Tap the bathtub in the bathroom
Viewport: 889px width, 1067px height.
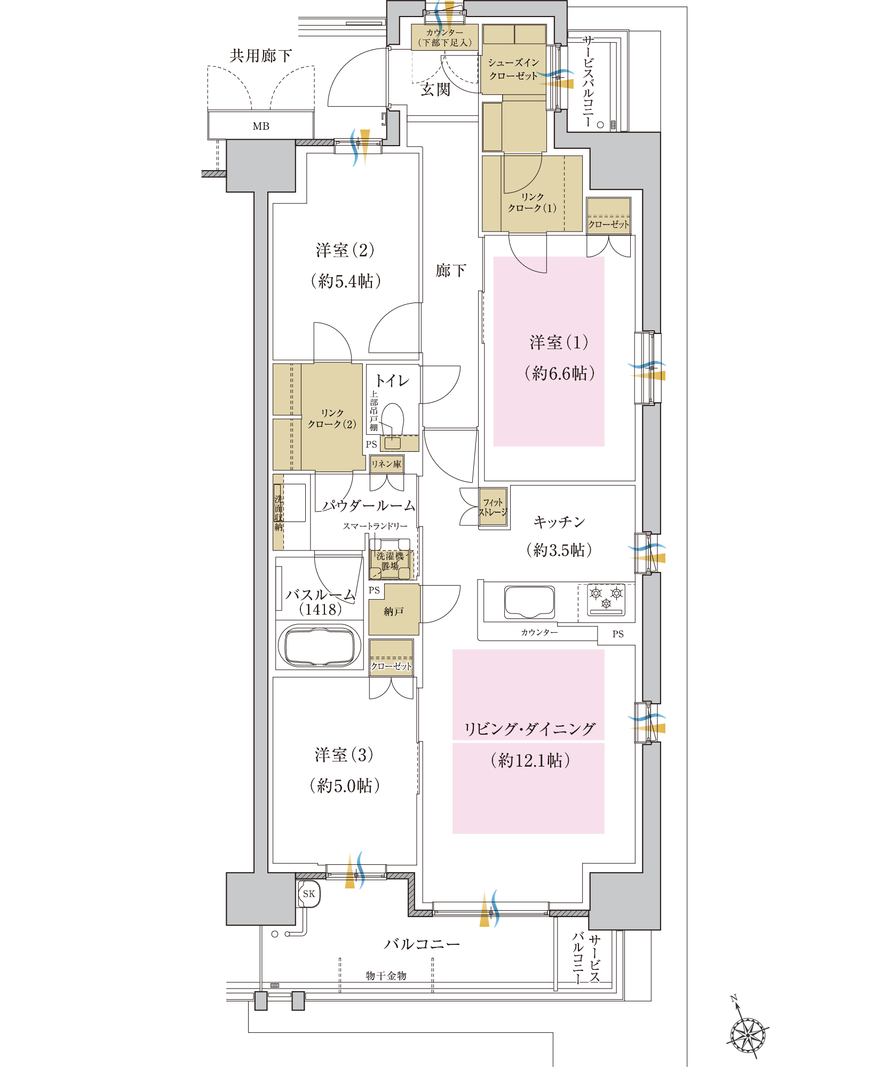(320, 647)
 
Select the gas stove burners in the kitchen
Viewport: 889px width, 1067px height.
(606, 600)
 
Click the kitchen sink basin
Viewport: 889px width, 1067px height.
(529, 602)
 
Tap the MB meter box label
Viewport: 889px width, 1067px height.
(261, 126)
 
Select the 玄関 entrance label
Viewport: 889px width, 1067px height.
(435, 90)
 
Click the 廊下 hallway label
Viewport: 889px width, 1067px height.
(451, 270)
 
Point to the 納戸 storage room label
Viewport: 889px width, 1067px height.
(394, 611)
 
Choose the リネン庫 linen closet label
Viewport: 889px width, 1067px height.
(386, 465)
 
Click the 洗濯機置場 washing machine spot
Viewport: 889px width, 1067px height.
(391, 561)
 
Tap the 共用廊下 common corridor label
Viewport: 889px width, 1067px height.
(260, 55)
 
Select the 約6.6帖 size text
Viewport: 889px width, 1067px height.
(560, 373)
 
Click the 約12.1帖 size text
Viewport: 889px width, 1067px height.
(530, 760)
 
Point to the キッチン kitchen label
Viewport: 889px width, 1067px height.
(559, 522)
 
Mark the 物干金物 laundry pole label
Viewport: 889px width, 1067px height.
(386, 976)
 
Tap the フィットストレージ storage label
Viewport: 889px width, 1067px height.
(493, 507)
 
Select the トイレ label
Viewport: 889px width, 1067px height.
(392, 380)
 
